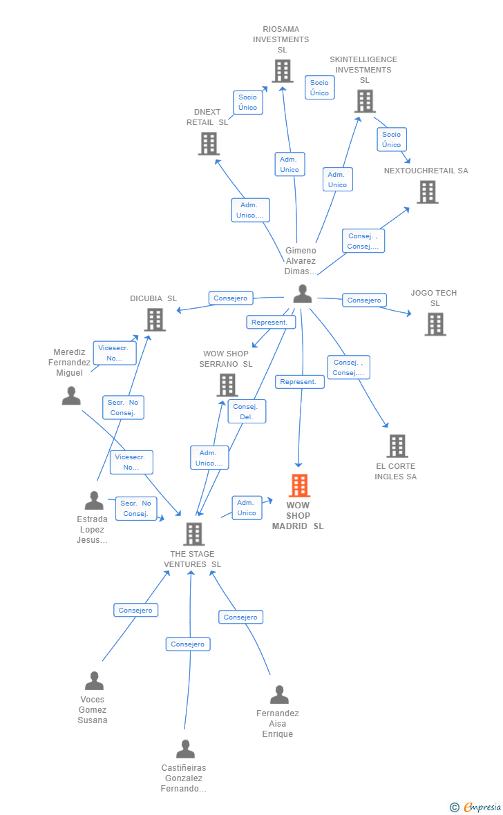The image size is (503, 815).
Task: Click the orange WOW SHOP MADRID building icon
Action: point(300,486)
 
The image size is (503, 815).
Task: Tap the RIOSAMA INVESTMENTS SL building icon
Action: point(283,71)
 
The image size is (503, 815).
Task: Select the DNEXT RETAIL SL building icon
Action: point(209,144)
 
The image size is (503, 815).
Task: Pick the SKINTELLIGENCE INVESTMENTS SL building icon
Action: point(365,101)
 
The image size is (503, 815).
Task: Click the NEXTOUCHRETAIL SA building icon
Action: point(428,192)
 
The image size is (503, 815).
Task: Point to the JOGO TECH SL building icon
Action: point(435,325)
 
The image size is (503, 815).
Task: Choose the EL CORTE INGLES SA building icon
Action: point(397,446)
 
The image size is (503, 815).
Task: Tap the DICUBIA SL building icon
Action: point(155,320)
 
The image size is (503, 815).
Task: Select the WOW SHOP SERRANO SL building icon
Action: point(227,385)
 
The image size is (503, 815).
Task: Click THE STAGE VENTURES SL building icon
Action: point(194,534)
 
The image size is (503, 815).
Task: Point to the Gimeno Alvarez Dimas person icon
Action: point(302,294)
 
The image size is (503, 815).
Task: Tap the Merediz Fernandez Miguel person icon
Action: point(71,396)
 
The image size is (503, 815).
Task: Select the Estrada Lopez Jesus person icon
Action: point(94,501)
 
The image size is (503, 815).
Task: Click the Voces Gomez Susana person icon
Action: point(94,680)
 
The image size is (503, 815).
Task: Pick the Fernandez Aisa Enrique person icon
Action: point(279,694)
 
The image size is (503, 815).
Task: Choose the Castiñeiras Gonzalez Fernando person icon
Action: point(185,749)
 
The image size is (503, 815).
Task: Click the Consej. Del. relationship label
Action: point(247,411)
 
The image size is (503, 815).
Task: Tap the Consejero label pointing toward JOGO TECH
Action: point(364,300)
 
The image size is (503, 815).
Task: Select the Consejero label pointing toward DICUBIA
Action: point(231,298)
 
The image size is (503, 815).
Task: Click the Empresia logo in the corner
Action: point(475,807)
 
